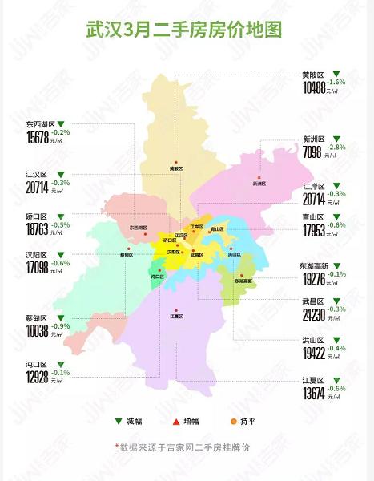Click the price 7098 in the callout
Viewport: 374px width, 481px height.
pos(315,152)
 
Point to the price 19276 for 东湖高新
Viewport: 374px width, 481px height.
pos(319,281)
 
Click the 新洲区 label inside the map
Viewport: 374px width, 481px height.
pos(259,184)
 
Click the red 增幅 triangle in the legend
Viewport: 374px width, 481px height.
pos(175,422)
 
